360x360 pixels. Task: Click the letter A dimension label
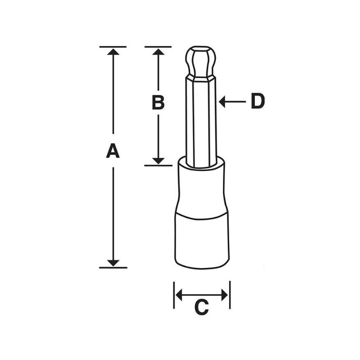pyautogui.click(x=113, y=151)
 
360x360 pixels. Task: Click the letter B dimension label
pyautogui.click(x=158, y=103)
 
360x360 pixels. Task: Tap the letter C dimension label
pyautogui.click(x=202, y=307)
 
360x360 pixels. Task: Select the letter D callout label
pyautogui.click(x=257, y=102)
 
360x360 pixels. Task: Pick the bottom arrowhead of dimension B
pyautogui.click(x=158, y=161)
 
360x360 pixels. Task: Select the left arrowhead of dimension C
pyautogui.click(x=179, y=295)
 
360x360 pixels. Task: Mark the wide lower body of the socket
pyautogui.click(x=202, y=241)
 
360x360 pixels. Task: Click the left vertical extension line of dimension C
pyautogui.click(x=174, y=295)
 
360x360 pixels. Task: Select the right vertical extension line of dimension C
pyautogui.click(x=229, y=295)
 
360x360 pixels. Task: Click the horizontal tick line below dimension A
pyautogui.click(x=113, y=267)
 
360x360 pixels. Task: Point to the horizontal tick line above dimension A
pyautogui.click(x=113, y=46)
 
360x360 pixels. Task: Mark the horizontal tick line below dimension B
pyautogui.click(x=158, y=165)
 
